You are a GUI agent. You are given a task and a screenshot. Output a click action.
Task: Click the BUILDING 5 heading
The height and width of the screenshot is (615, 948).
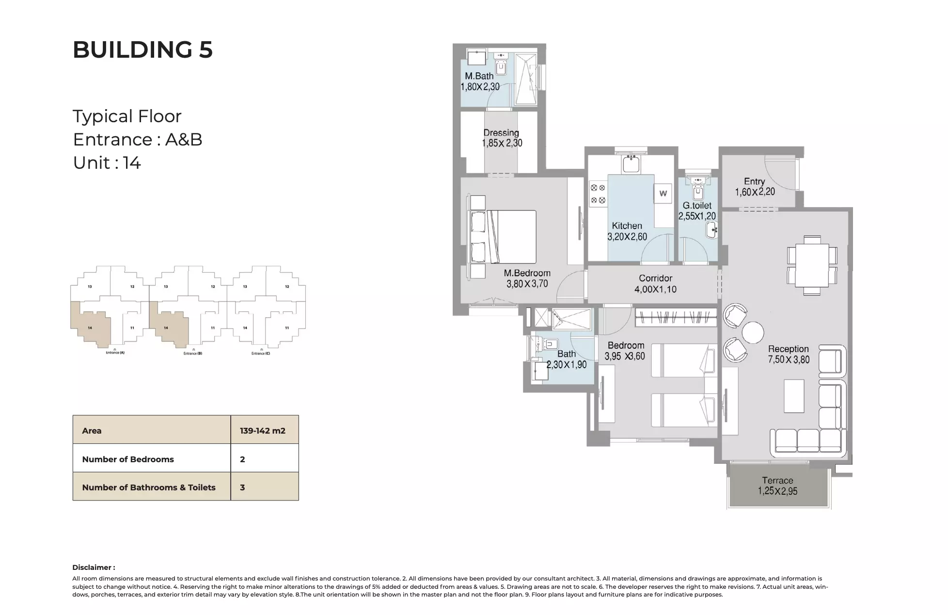[x=142, y=49]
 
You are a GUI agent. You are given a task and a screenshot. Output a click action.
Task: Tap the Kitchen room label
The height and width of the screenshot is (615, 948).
[x=627, y=226]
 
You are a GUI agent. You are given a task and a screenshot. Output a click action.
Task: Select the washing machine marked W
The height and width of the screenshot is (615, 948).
[x=663, y=193]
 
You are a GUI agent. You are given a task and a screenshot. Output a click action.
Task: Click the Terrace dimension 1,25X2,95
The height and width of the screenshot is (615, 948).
[x=777, y=491]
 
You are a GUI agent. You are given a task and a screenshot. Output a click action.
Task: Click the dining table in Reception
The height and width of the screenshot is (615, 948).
[x=812, y=265]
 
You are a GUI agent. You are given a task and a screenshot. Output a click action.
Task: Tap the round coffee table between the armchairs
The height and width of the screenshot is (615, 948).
[x=753, y=333]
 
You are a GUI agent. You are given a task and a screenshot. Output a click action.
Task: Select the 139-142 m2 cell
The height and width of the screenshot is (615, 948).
[x=262, y=430]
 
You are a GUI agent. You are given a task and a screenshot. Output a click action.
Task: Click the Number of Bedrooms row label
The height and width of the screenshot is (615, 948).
[x=128, y=459]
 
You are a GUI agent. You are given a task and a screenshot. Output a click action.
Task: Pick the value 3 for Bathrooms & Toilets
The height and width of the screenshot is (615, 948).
[x=242, y=487]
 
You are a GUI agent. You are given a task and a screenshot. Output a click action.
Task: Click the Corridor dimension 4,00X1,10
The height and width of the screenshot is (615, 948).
[x=655, y=289]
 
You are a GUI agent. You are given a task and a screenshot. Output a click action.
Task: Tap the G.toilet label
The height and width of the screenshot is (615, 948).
[x=697, y=205]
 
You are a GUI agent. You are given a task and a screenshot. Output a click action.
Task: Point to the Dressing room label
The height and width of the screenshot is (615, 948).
[x=501, y=132]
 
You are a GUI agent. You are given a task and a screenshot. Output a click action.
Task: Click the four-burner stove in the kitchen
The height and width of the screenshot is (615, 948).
[x=598, y=194]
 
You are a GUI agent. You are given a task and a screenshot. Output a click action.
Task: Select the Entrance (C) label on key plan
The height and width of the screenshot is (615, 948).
[x=261, y=353]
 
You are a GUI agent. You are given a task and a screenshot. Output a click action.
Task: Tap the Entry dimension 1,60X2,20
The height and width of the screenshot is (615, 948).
[x=755, y=192]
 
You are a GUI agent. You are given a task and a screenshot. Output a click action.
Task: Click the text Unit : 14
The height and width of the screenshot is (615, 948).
[x=107, y=162]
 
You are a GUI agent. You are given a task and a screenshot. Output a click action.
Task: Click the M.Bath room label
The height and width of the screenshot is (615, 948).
[x=479, y=76]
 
